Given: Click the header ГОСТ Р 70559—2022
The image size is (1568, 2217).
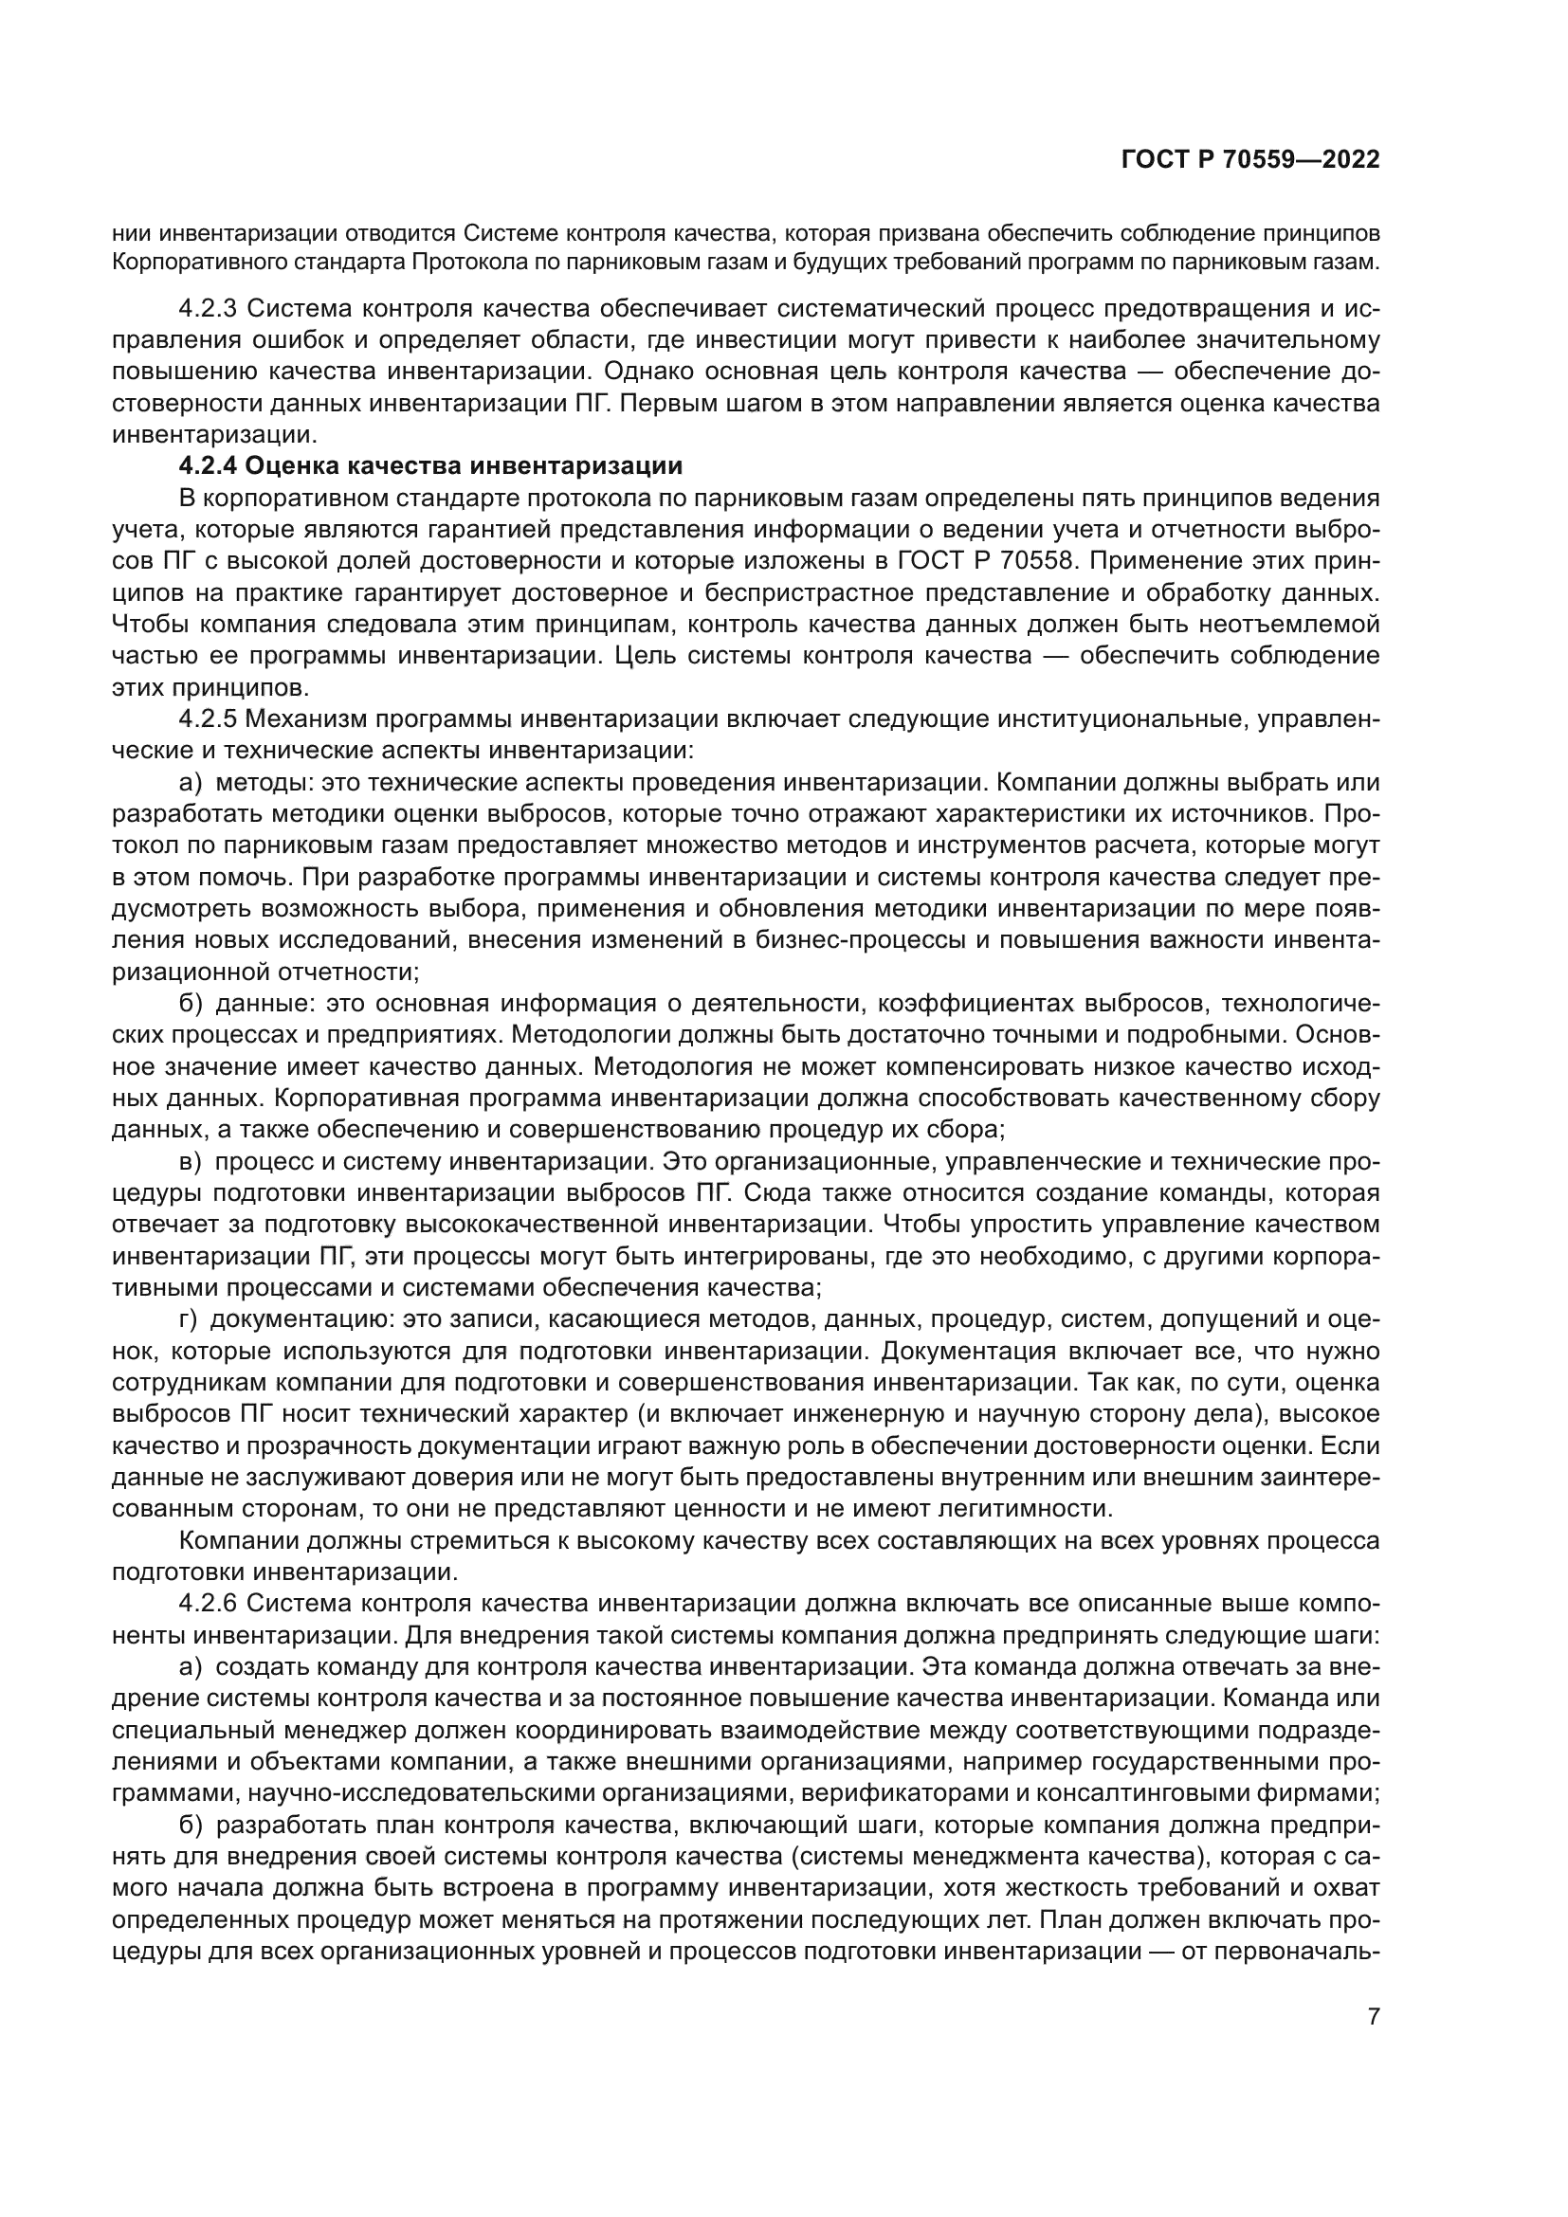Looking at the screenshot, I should click(x=1249, y=160).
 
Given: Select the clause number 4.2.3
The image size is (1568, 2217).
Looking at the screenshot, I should click(x=208, y=310).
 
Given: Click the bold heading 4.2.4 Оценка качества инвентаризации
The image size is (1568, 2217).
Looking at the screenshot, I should click(x=430, y=466).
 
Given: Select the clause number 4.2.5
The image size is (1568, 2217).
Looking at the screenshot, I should click(x=208, y=719).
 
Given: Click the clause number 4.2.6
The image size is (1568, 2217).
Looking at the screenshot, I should click(x=208, y=1604).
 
